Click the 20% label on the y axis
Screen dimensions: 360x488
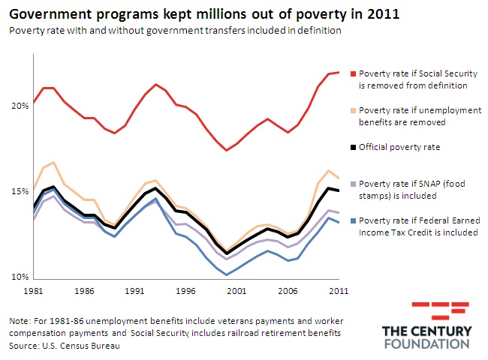pyautogui.click(x=20, y=106)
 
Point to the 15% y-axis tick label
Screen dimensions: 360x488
pyautogui.click(x=20, y=191)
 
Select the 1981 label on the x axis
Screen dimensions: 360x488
pyautogui.click(x=33, y=289)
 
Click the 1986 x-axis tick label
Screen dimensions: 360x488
pyautogui.click(x=84, y=289)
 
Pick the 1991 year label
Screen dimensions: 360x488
pyautogui.click(x=135, y=289)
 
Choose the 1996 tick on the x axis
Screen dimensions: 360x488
pyautogui.click(x=186, y=289)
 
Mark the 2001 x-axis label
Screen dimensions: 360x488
pyautogui.click(x=237, y=289)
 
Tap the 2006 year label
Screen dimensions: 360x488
pyautogui.click(x=288, y=289)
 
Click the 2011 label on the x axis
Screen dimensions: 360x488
pyautogui.click(x=339, y=289)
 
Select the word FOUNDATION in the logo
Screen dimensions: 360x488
pyautogui.click(x=426, y=344)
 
